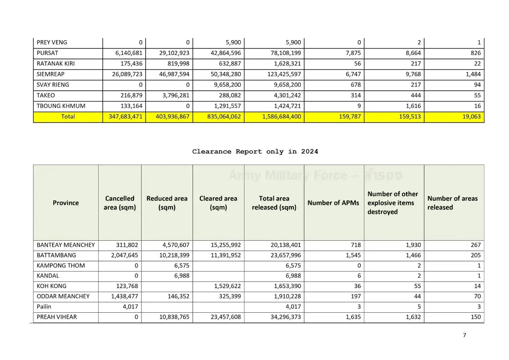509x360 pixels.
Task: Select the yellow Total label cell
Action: coord(68,117)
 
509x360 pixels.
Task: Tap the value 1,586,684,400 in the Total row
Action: coord(282,117)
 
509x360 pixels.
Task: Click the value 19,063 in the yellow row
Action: coord(472,117)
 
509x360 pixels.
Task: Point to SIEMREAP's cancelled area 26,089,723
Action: coord(126,74)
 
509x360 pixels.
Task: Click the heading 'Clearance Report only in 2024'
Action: coord(255,152)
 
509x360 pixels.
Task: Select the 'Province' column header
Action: coord(66,203)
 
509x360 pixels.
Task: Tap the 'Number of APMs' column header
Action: coord(333,203)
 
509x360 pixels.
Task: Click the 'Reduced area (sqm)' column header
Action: coord(167,203)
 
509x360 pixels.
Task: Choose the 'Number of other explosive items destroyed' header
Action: coord(392,203)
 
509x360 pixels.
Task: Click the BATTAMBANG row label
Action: coord(56,255)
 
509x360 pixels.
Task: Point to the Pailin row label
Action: coord(44,307)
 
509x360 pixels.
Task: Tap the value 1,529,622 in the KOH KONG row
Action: coord(225,286)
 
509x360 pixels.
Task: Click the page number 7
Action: coord(464,335)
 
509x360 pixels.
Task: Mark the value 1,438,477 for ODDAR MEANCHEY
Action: coord(123,296)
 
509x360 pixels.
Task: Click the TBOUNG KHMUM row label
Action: coord(61,106)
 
